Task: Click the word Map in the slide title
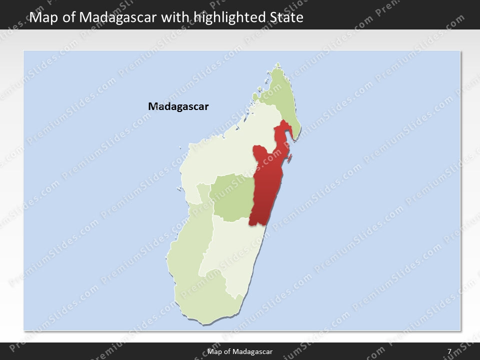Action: [x=42, y=17]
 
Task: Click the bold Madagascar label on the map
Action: [x=178, y=106]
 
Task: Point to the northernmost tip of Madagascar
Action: [x=278, y=63]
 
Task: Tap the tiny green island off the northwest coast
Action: [x=255, y=96]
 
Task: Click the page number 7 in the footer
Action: [x=449, y=351]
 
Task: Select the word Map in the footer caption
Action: [x=214, y=351]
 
